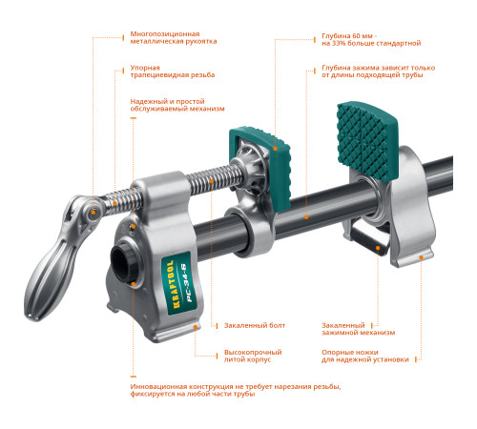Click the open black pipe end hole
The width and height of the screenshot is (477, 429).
tap(124, 257)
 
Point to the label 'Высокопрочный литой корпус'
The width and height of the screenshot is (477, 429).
tap(247, 356)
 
